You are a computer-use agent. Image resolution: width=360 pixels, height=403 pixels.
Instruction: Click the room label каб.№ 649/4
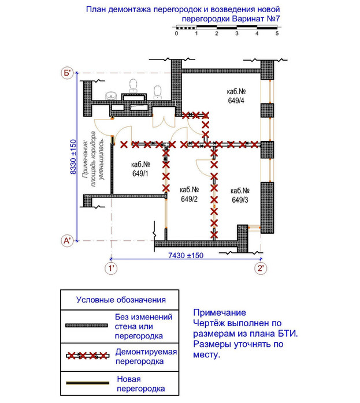(x=236, y=96)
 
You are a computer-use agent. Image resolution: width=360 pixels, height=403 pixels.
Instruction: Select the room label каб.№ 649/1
(x=140, y=169)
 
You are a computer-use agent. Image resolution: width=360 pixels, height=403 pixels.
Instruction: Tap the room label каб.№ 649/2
(x=190, y=195)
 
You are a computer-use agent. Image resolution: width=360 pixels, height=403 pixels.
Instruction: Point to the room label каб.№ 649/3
(x=240, y=195)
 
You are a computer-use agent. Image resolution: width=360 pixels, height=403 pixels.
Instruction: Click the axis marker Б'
(x=68, y=73)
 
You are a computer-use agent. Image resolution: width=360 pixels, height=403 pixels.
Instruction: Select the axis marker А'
(x=67, y=241)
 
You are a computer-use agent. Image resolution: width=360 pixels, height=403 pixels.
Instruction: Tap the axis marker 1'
(x=111, y=268)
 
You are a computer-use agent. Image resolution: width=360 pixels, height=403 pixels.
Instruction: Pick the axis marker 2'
(x=261, y=268)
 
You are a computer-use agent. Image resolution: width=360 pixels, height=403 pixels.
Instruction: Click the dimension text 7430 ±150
(x=185, y=255)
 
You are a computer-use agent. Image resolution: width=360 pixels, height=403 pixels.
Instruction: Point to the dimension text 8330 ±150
(x=73, y=157)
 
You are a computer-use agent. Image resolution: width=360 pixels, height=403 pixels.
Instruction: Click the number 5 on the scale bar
(x=277, y=33)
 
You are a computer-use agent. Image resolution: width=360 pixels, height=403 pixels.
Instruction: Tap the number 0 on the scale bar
(x=176, y=33)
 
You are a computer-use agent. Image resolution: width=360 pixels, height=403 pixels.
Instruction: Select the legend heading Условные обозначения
(x=121, y=300)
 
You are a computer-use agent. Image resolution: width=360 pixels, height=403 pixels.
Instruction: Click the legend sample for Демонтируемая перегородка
(x=88, y=356)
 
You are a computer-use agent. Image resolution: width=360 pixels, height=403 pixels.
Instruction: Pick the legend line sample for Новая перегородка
(x=88, y=383)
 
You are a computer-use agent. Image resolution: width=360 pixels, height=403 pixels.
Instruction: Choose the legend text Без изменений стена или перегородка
(x=143, y=326)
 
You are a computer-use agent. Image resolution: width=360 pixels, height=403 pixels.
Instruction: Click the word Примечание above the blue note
(x=220, y=312)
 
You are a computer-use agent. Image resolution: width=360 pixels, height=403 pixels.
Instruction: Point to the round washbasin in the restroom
(x=111, y=96)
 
